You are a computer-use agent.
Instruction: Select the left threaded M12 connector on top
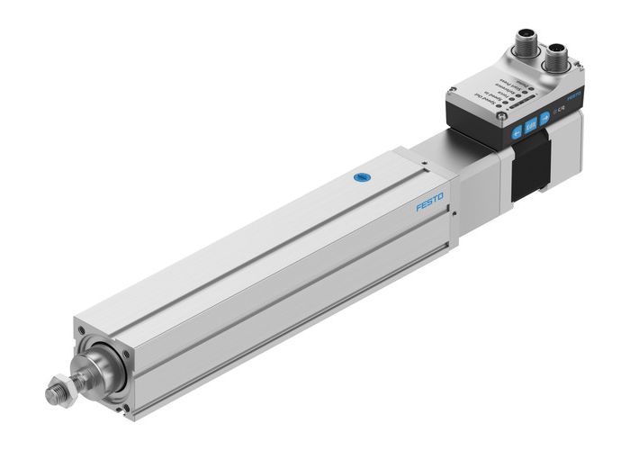(527, 45)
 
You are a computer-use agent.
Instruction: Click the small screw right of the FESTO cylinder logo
(459, 213)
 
